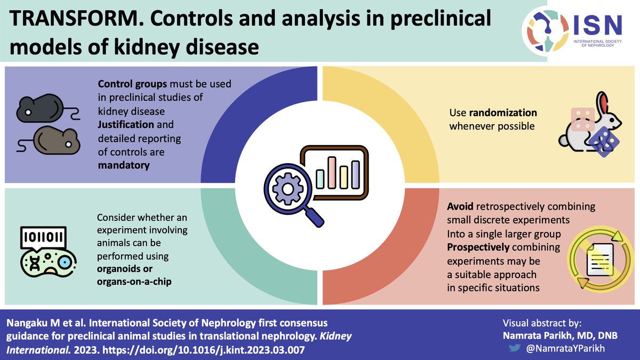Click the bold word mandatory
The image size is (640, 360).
(124, 165)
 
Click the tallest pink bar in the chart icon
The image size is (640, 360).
(332, 172)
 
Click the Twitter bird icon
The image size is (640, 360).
(514, 346)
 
